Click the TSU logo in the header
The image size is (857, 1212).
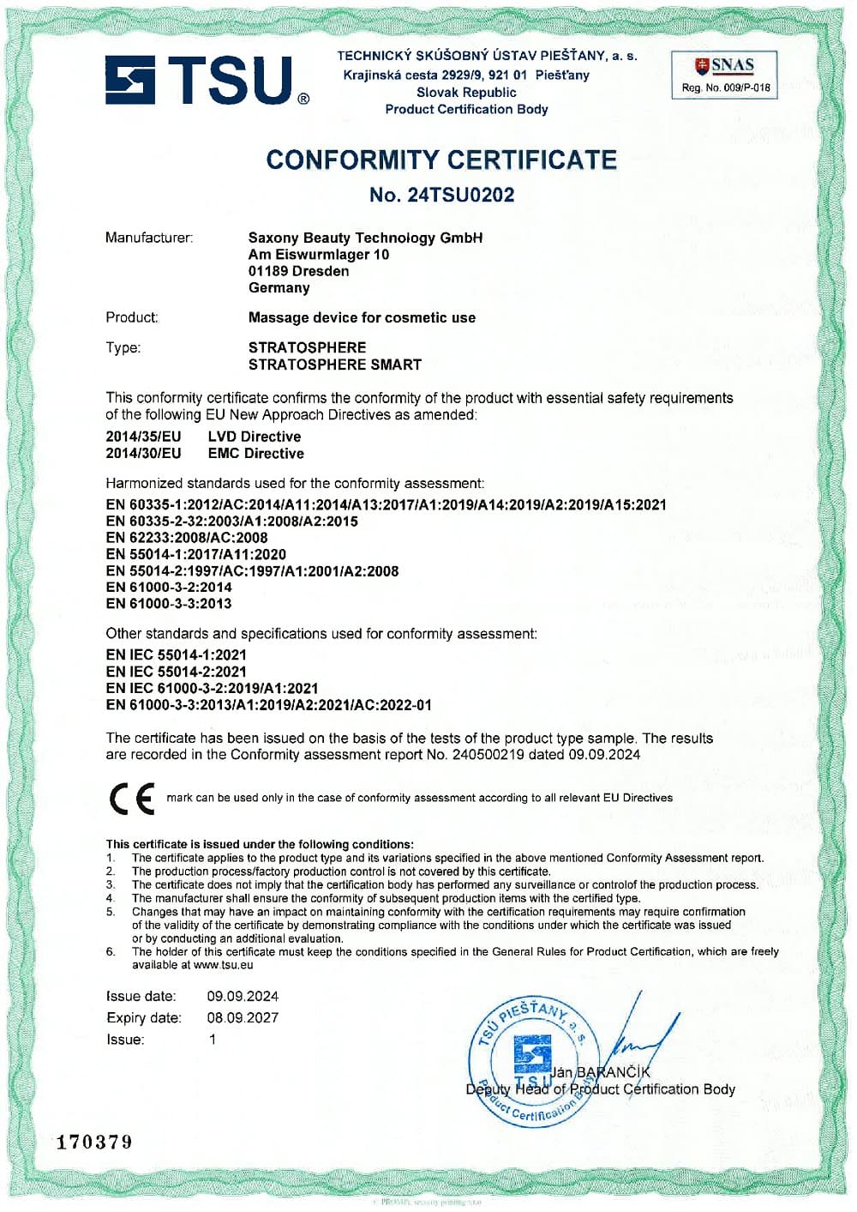click(207, 80)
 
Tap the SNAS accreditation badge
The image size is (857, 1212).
click(724, 75)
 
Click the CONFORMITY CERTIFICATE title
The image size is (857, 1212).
click(441, 160)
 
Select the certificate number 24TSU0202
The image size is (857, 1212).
click(461, 195)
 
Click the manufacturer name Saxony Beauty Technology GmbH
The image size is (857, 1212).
click(365, 238)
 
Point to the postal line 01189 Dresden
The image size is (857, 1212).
click(298, 271)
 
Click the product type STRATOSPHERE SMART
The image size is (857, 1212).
click(335, 365)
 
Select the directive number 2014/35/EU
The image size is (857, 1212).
click(143, 437)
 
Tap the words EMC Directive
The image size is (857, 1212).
click(255, 454)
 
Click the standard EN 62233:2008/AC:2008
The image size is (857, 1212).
click(187, 538)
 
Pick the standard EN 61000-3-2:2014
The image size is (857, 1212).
click(169, 588)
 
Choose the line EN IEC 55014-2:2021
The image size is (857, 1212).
click(176, 672)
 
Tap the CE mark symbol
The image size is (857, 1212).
click(132, 798)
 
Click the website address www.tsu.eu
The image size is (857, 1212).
click(224, 965)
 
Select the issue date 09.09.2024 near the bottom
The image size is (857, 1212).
click(243, 997)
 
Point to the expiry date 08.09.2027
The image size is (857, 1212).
click(243, 1018)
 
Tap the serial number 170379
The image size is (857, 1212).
click(94, 1142)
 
